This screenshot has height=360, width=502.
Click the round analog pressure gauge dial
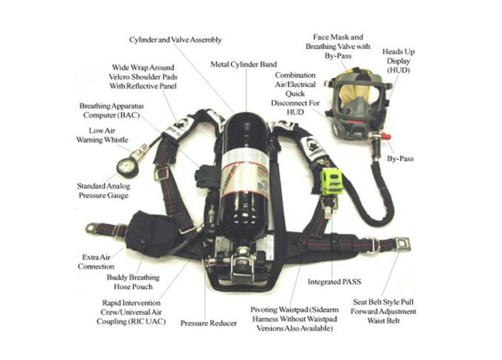(x=125, y=168)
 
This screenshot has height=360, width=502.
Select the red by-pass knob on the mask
(x=386, y=137)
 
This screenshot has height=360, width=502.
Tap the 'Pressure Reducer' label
(x=209, y=323)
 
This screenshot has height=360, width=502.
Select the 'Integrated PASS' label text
(x=334, y=282)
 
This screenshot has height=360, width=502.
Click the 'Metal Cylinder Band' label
(x=243, y=64)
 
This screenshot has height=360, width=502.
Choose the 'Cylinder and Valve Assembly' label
(x=175, y=39)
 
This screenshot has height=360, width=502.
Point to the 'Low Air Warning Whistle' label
(x=102, y=135)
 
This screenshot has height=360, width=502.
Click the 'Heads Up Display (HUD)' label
(x=399, y=61)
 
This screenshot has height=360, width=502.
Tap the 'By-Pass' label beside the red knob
(x=400, y=158)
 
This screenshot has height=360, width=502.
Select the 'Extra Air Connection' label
(x=96, y=262)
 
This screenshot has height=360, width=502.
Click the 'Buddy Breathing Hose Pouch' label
(x=133, y=282)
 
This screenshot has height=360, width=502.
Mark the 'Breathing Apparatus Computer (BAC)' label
(x=111, y=110)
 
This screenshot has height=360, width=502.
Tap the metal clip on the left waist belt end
(x=91, y=228)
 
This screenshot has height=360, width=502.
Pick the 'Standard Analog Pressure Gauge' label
(x=103, y=191)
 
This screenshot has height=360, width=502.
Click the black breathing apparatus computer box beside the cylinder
(x=207, y=177)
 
